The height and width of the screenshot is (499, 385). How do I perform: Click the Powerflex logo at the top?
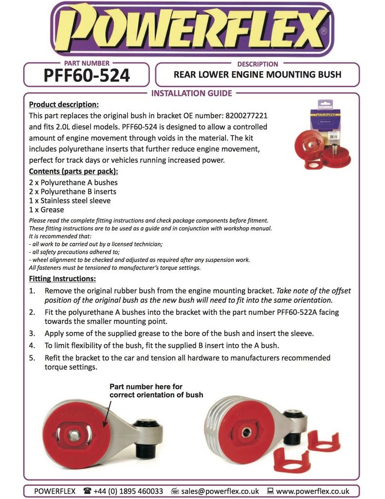click(x=192, y=29)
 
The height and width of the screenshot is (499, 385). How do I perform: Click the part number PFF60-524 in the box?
click(x=87, y=76)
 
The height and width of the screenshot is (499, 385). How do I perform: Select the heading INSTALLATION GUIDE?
click(x=192, y=93)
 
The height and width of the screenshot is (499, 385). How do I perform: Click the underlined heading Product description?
click(x=64, y=104)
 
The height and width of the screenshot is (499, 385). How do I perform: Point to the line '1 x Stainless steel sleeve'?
click(x=70, y=200)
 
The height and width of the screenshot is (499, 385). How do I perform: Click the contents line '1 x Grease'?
click(x=46, y=210)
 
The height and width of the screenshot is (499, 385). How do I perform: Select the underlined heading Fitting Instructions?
click(x=62, y=279)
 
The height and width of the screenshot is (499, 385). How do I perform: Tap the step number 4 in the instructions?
click(x=32, y=345)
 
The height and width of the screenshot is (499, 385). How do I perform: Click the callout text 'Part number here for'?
click(x=146, y=386)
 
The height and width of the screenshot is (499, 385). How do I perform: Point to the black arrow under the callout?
click(x=107, y=413)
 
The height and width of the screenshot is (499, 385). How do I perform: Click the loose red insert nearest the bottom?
click(x=292, y=461)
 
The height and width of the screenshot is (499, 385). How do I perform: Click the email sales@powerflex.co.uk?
click(x=220, y=491)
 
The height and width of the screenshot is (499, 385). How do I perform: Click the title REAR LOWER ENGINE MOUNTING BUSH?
click(x=257, y=75)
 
